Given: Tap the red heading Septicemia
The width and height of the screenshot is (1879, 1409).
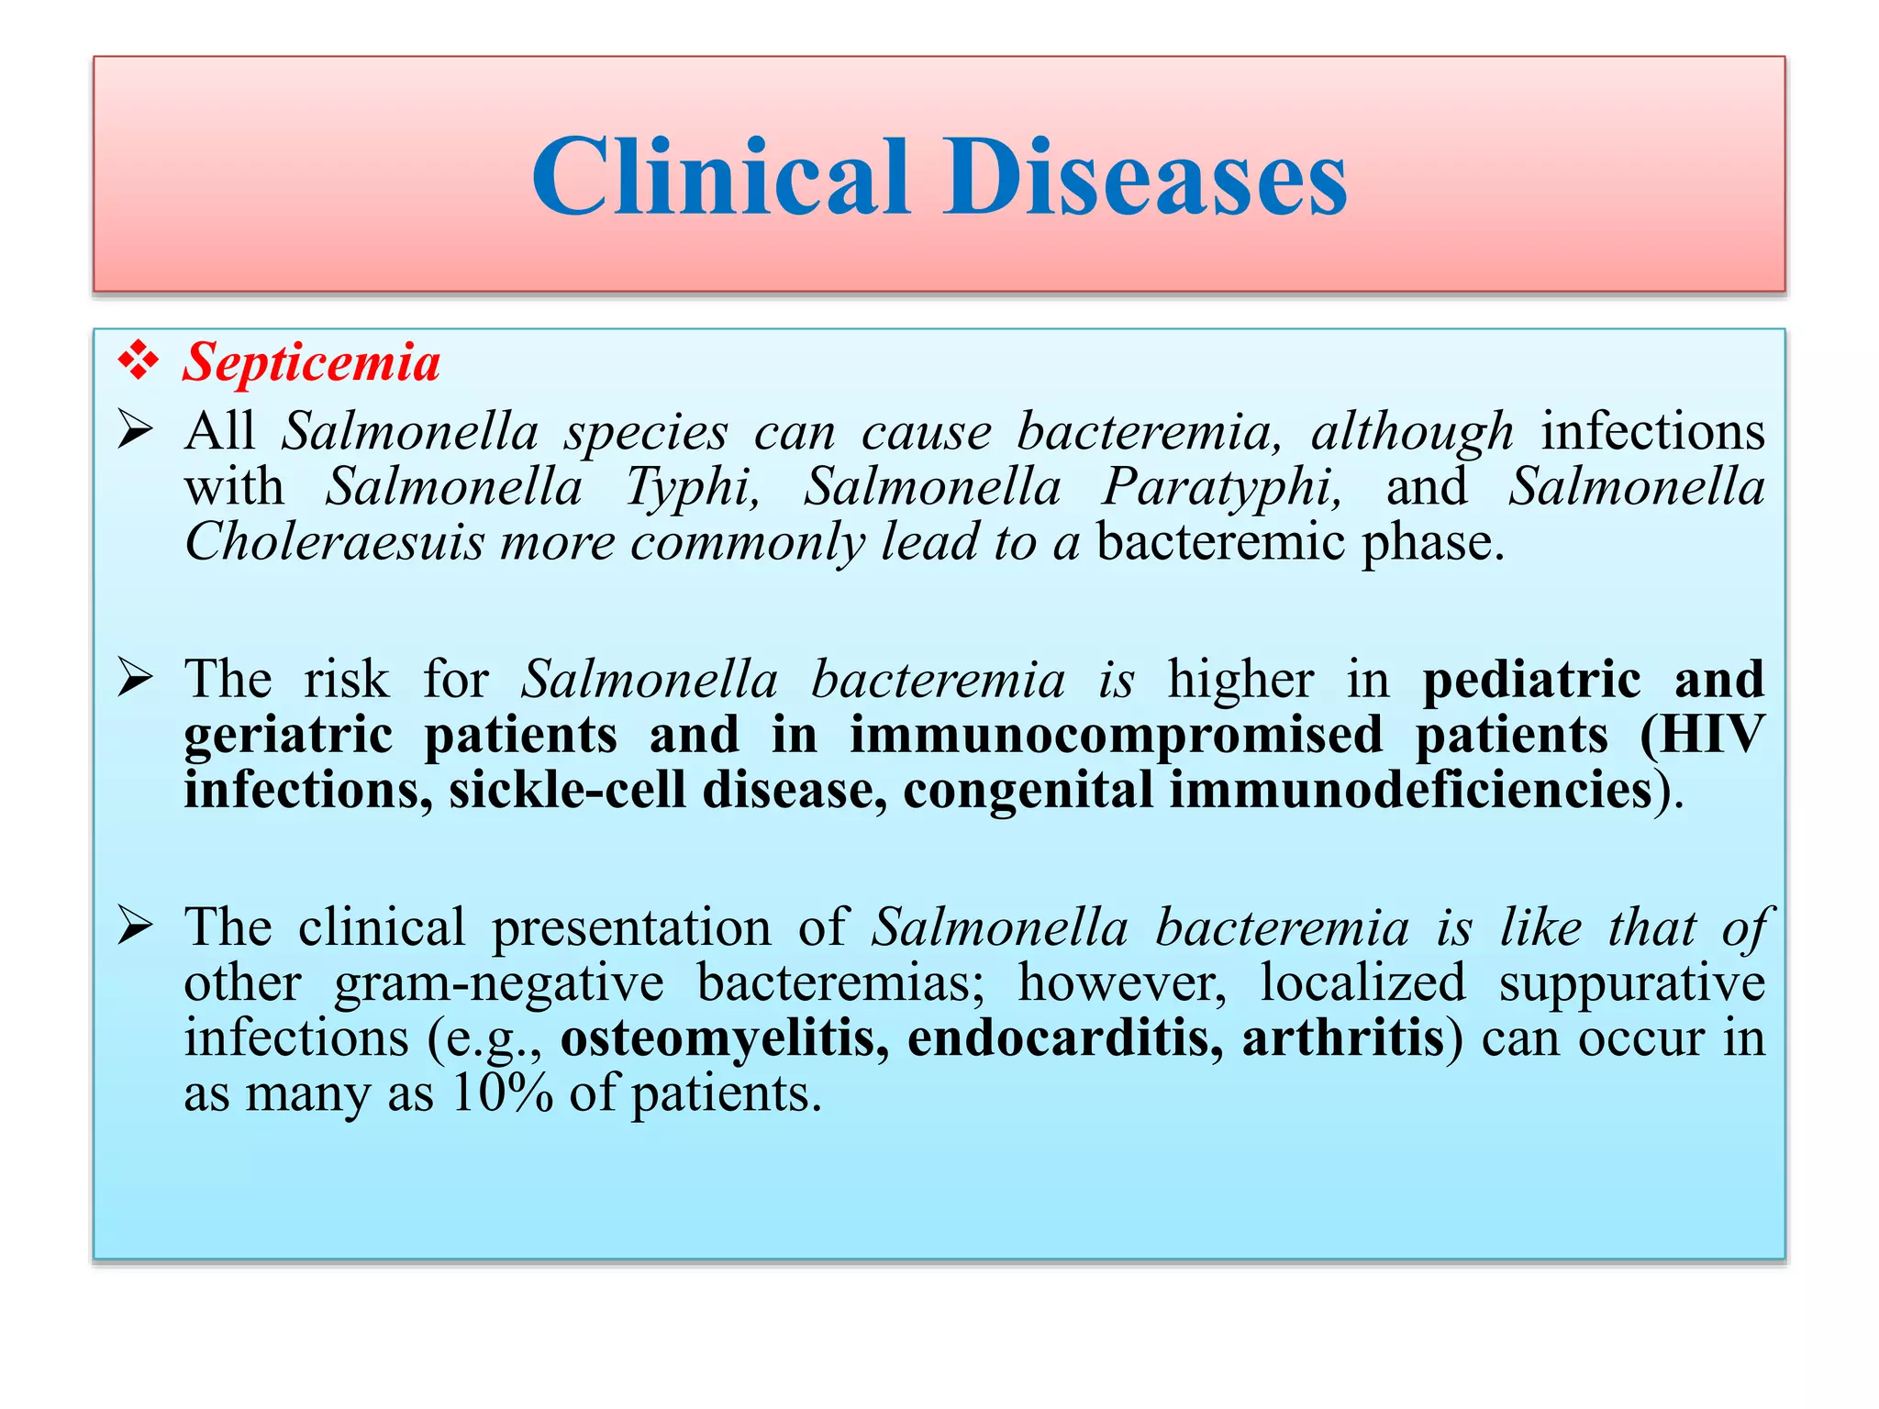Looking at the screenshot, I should (x=311, y=362).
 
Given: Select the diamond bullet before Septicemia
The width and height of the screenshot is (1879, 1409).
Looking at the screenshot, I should (x=138, y=361).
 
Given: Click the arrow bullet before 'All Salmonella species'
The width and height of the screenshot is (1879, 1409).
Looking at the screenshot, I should (x=135, y=431).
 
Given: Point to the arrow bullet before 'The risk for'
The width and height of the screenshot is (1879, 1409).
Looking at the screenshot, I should (x=135, y=680).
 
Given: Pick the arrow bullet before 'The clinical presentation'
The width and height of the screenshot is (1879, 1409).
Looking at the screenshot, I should (x=135, y=927).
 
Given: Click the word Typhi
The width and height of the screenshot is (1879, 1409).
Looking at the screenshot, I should (x=693, y=487).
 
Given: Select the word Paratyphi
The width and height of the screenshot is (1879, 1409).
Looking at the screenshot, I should (x=1221, y=487).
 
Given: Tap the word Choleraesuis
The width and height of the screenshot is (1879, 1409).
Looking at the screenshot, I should (x=334, y=543).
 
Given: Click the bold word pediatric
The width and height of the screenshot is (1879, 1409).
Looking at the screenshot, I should (x=1531, y=680).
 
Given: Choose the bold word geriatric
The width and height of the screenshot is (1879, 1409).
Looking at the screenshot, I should (x=288, y=736).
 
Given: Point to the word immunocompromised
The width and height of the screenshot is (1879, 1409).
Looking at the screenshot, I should (x=1116, y=736).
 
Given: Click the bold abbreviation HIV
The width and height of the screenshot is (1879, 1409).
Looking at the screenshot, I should (x=1707, y=736).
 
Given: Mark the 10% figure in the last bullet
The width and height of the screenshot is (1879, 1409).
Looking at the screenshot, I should (x=502, y=1093).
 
